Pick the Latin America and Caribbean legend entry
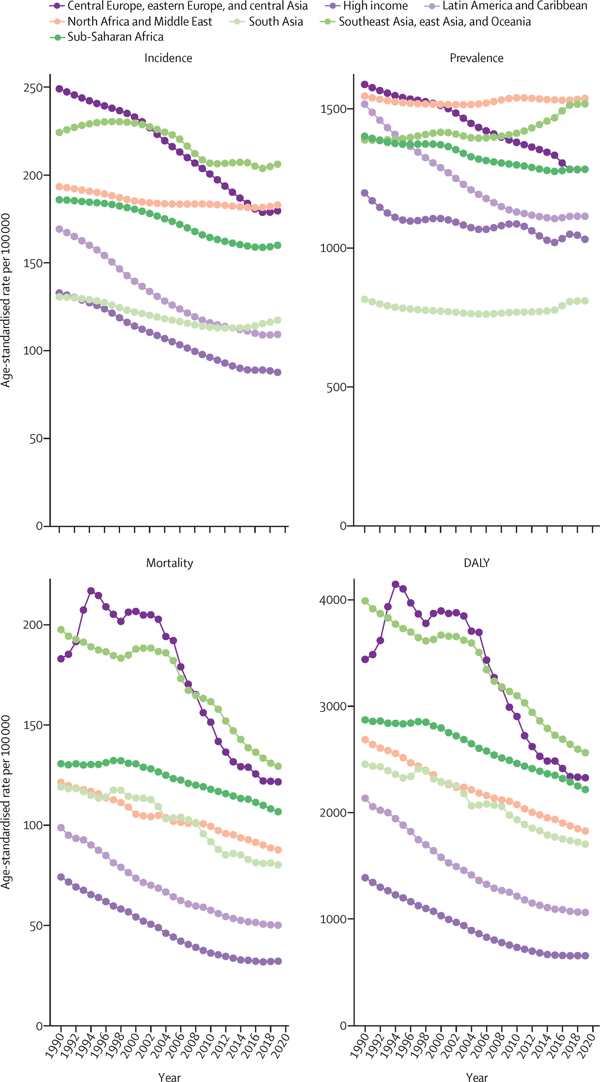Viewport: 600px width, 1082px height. [x=514, y=6]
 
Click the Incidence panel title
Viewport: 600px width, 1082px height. [x=168, y=58]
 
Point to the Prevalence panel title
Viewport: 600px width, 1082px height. [x=476, y=58]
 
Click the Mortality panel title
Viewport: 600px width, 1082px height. [x=170, y=563]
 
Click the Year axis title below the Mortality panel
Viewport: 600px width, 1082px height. [x=170, y=1077]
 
